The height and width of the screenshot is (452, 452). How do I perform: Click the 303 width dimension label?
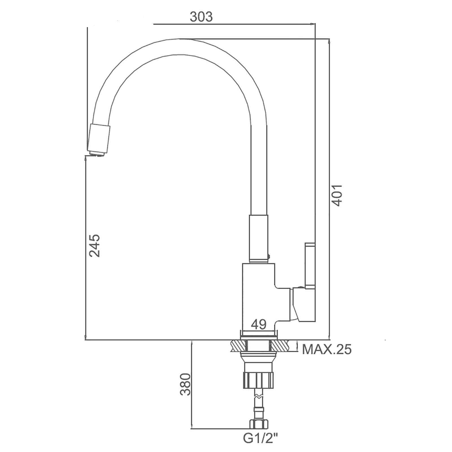click(x=201, y=17)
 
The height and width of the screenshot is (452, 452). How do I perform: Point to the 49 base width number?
click(x=258, y=325)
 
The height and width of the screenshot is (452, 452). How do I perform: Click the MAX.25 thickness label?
click(x=327, y=349)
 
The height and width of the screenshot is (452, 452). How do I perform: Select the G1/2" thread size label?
click(x=260, y=438)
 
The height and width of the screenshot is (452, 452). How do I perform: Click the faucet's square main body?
click(x=259, y=297)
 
